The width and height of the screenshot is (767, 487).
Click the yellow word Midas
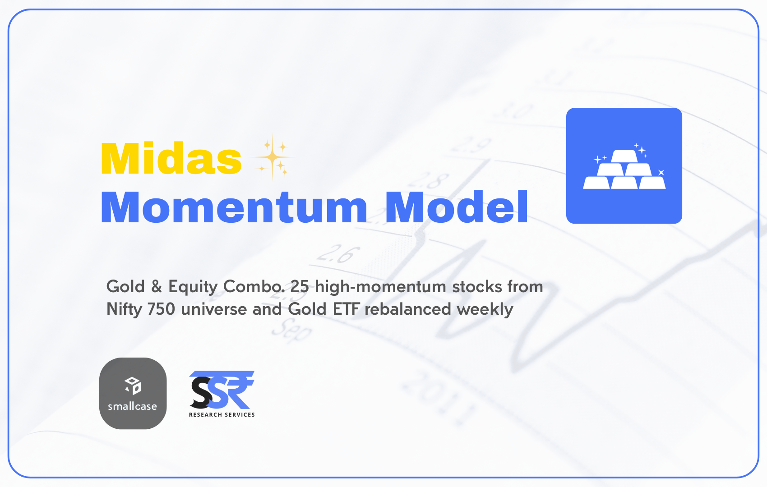pos(171,159)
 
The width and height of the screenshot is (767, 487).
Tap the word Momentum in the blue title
pos(234,207)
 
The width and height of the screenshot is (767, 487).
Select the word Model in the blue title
pos(457,207)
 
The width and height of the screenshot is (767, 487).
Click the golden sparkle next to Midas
pos(272,157)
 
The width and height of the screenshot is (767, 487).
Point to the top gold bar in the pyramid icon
pos(624,156)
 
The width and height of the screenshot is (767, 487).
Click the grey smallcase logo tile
pos(133,393)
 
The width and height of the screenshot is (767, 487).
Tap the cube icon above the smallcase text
pos(133,386)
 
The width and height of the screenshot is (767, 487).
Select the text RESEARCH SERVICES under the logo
pos(222,414)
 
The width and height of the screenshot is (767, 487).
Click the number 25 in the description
pos(299,286)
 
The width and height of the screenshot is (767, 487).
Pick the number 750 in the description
pos(161,309)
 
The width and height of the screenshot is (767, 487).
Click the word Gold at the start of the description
pos(125,286)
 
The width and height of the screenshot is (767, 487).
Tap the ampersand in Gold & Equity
pos(157,286)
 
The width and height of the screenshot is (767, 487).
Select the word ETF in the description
pos(346,309)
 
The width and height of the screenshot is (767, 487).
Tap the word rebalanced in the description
pos(408,309)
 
